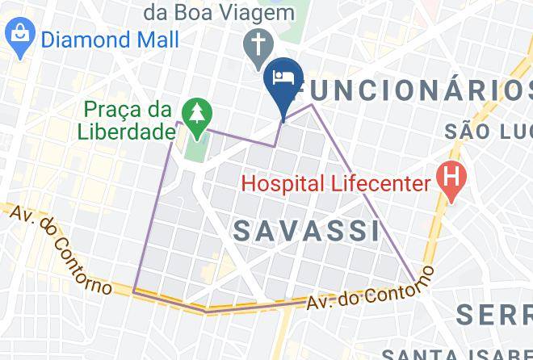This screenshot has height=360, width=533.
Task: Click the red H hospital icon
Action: [x=449, y=174]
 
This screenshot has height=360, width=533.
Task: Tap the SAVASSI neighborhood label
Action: [x=307, y=231]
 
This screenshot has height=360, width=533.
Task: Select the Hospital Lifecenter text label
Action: [x=337, y=183]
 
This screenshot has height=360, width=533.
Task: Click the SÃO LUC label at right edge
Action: [x=489, y=131]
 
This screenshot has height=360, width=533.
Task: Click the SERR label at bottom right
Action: [x=494, y=314]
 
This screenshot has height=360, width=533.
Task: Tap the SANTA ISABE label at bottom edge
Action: [x=456, y=354]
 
